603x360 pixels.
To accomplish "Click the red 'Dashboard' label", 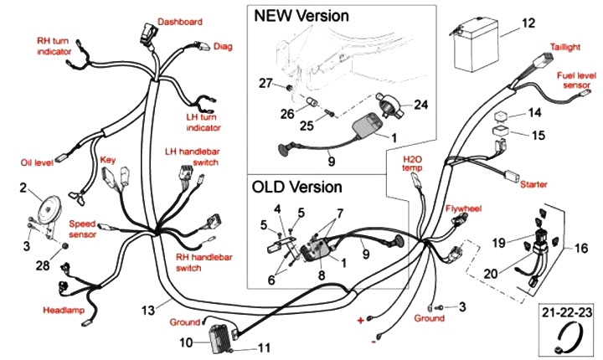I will tap(179, 21).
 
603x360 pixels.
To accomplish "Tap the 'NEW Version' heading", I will tap(301, 16).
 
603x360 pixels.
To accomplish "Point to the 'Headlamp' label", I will tap(64, 311).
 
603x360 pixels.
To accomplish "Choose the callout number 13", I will tap(149, 310).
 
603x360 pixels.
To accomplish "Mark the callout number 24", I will tap(420, 105).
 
